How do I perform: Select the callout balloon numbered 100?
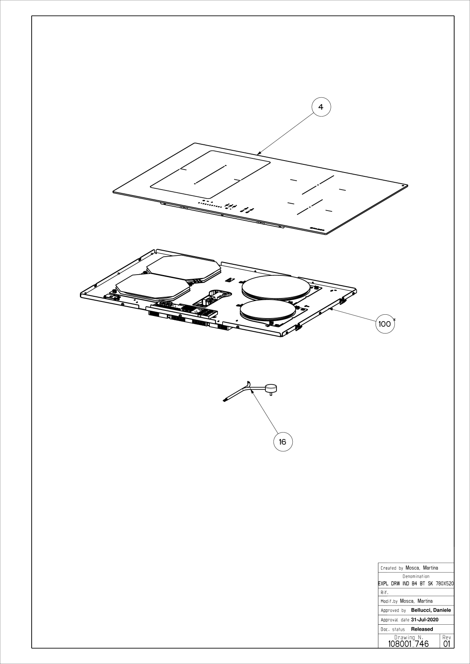pyautogui.click(x=385, y=324)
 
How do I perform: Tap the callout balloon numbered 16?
pyautogui.click(x=283, y=442)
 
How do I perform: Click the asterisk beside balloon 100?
pyautogui.click(x=394, y=319)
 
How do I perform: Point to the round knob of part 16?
pyautogui.click(x=271, y=387)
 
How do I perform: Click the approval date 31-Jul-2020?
pyautogui.click(x=425, y=620)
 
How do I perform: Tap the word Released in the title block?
pyautogui.click(x=422, y=629)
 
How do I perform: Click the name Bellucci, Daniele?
pyautogui.click(x=431, y=610)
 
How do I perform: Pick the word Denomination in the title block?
pyautogui.click(x=416, y=576)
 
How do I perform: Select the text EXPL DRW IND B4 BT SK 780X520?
pyautogui.click(x=416, y=583)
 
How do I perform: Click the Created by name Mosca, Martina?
pyautogui.click(x=422, y=567)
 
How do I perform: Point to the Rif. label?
pyautogui.click(x=384, y=593)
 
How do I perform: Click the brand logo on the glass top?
pyautogui.click(x=317, y=229)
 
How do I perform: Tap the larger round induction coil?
pyautogui.click(x=276, y=287)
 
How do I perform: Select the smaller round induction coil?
pyautogui.click(x=268, y=312)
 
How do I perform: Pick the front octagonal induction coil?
pyautogui.click(x=153, y=287)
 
